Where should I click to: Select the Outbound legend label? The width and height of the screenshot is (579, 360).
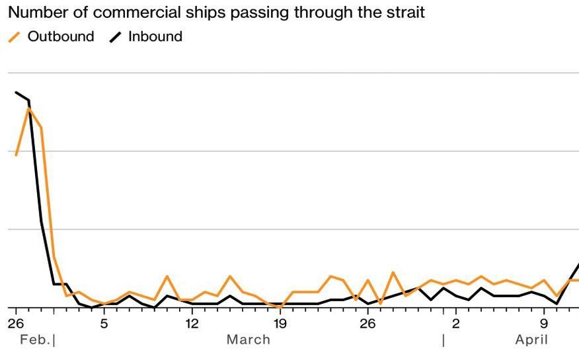61,36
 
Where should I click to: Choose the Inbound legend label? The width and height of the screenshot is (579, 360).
155,36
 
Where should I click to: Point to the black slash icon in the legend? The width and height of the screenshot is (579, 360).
116,38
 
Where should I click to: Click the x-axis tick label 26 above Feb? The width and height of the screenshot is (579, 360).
15,324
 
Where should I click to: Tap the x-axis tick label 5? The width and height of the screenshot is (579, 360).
104,324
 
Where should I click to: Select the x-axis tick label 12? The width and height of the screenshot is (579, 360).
192,324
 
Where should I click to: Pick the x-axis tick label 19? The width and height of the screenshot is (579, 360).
280,324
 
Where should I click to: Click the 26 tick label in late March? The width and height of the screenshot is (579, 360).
367,324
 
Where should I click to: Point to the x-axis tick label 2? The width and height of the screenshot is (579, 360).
456,324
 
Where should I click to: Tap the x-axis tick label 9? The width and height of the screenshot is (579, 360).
544,324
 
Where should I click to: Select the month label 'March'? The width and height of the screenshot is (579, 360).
249,340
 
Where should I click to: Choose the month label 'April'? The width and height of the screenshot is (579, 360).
532,340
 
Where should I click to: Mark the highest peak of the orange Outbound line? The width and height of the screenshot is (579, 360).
28,108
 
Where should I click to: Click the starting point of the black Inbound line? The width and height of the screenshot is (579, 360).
16,92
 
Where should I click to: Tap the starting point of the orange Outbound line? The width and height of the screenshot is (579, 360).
16,155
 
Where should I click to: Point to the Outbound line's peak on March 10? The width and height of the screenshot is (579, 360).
167,276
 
